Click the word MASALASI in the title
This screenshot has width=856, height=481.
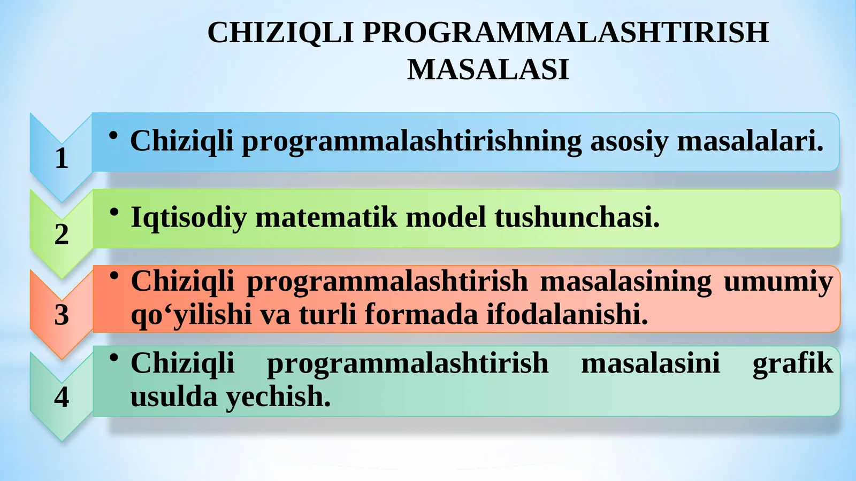click(487, 70)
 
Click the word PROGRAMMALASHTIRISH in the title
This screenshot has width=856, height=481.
click(565, 33)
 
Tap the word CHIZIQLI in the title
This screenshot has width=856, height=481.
click(280, 33)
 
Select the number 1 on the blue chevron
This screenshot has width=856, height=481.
click(62, 159)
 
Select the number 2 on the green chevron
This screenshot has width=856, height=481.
click(62, 235)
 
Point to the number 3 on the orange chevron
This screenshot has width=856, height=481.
click(62, 315)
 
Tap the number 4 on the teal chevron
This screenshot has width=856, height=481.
click(62, 397)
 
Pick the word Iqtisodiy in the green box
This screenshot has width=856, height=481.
click(188, 218)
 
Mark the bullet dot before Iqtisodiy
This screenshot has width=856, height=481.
click(113, 212)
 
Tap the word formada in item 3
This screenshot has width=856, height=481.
click(421, 314)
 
